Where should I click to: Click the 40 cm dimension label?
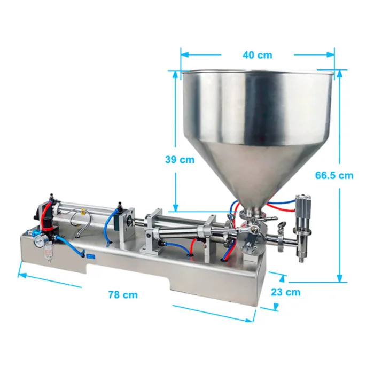coord(258,55)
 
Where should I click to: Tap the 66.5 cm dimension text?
coord(334,175)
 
